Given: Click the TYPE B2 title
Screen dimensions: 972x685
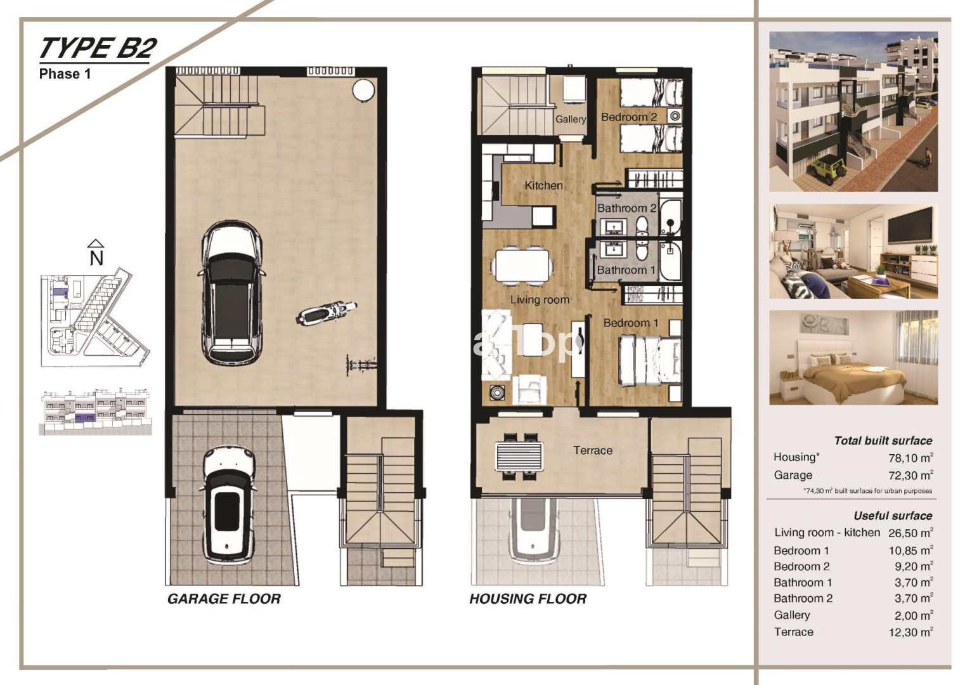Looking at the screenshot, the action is coord(98,48).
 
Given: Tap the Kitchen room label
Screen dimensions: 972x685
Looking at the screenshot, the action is coord(544,185).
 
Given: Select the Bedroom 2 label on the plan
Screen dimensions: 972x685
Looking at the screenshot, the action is coord(629,117).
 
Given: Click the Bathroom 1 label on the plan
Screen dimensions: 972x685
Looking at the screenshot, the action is coord(626,270).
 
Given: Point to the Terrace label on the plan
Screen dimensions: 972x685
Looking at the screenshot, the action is coord(593,450).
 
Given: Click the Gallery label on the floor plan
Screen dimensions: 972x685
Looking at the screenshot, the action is coord(571,119).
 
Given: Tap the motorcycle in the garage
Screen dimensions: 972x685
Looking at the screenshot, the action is coord(327,313).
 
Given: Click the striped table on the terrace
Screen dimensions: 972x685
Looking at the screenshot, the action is coord(520,456).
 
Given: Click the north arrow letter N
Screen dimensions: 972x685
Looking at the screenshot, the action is coord(96,259).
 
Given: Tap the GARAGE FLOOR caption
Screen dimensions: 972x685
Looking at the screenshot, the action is coord(224,599).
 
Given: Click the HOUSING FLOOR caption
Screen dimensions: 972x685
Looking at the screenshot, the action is coord(528,599).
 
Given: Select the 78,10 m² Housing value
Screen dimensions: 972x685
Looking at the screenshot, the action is coord(910,458).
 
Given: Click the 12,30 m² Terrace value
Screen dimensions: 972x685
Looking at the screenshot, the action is coord(910,632).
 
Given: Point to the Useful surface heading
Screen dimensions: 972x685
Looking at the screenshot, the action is coord(893,516).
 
